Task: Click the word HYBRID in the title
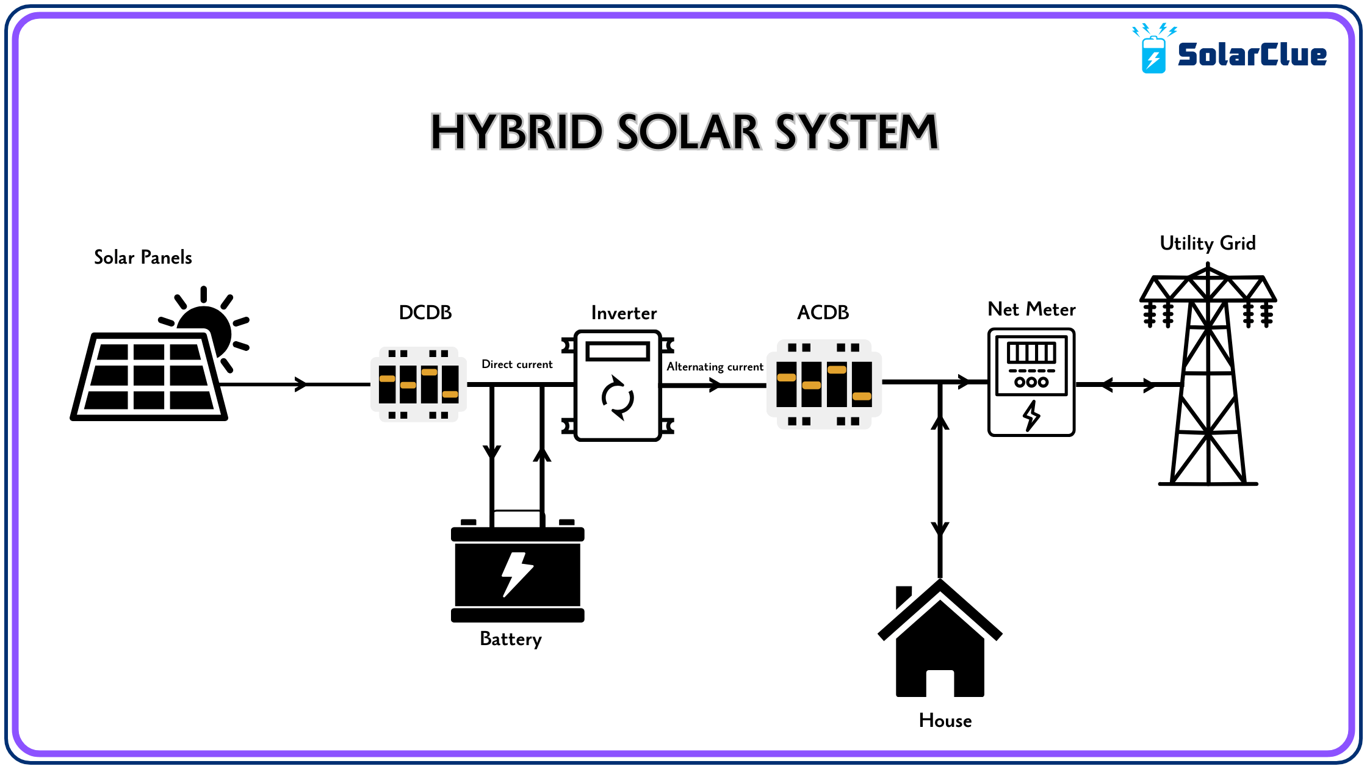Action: pos(516,132)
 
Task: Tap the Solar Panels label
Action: pos(143,258)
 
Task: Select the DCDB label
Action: pos(425,312)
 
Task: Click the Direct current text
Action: pos(517,364)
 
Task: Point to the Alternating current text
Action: pos(715,367)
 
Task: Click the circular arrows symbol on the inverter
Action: pos(618,398)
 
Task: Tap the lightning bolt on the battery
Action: pos(517,574)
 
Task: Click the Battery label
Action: pos(511,639)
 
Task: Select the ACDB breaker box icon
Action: pos(824,385)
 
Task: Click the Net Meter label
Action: pos(1031,309)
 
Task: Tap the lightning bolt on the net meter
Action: pos(1031,416)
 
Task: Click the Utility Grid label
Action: pos(1208,244)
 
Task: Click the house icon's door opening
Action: pos(940,684)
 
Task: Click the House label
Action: pos(945,721)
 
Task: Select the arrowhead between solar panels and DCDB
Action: pos(301,385)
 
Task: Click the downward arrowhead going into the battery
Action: pos(492,452)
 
